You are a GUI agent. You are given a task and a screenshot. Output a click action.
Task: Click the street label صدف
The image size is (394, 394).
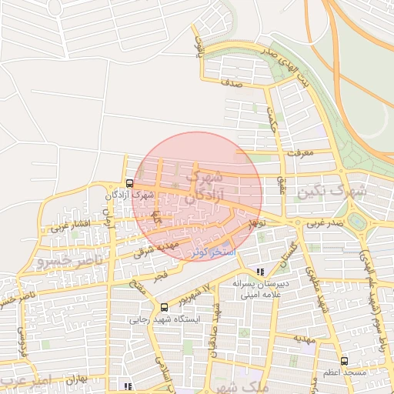[231, 88]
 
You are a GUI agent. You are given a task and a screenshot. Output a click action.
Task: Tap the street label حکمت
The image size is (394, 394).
[272, 121]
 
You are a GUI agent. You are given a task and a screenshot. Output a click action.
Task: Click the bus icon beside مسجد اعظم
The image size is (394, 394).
[343, 360]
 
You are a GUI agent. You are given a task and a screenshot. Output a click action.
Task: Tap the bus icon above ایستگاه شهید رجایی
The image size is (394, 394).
[163, 306]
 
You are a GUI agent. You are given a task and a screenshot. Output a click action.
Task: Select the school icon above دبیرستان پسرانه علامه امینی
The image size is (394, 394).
[260, 272]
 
